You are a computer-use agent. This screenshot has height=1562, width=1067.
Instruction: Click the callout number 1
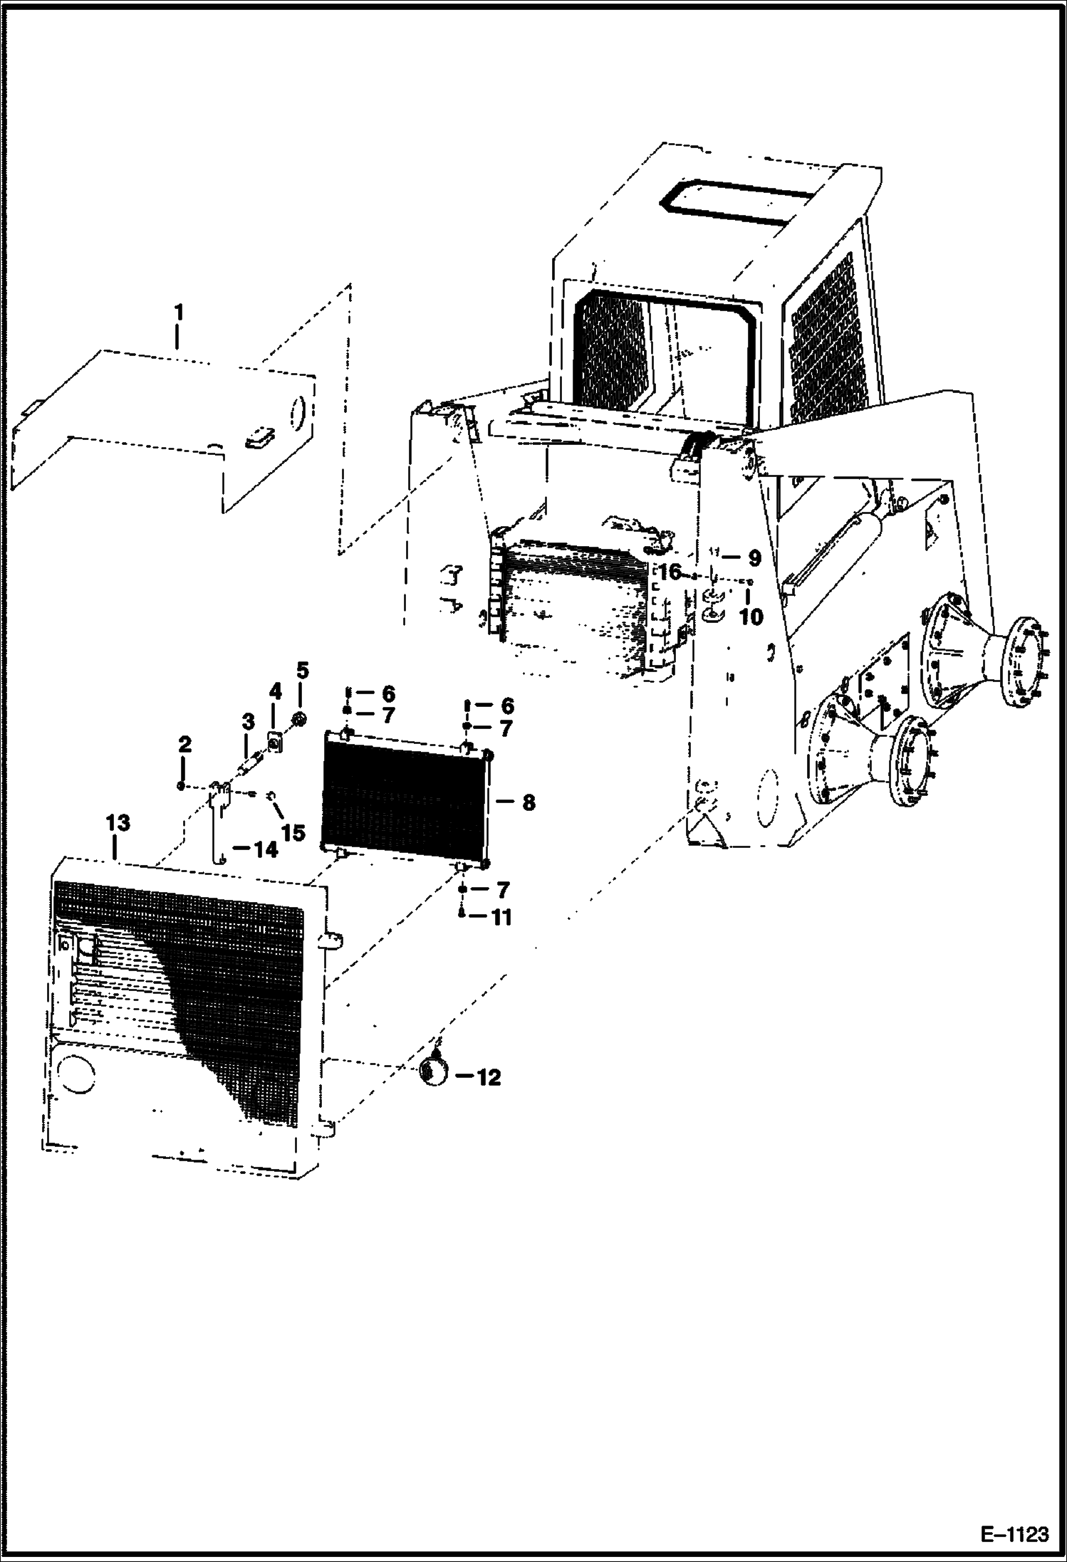tap(179, 313)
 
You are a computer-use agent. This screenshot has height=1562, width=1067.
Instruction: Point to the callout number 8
tap(528, 803)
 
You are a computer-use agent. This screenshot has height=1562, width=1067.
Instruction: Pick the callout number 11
tap(501, 918)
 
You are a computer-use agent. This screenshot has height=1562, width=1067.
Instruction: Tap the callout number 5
tap(303, 670)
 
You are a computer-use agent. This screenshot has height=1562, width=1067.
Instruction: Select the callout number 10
tap(751, 616)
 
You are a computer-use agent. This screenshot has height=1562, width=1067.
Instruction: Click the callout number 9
tap(754, 557)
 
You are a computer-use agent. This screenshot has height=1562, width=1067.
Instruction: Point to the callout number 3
tap(247, 723)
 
